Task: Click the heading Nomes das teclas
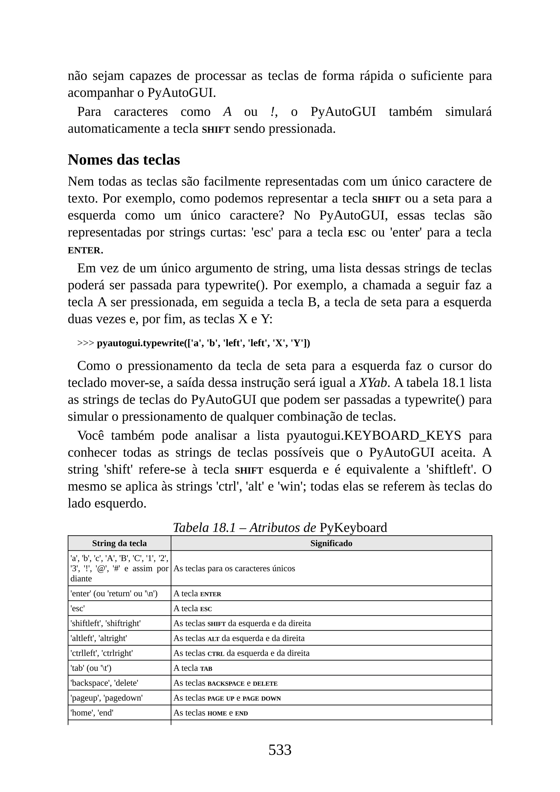124,160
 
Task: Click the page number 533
280,750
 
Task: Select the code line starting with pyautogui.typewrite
203,343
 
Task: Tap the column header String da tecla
119,543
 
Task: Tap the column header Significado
331,543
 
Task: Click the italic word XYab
373,383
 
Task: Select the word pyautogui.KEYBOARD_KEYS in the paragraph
374,436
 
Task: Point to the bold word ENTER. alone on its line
85,251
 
